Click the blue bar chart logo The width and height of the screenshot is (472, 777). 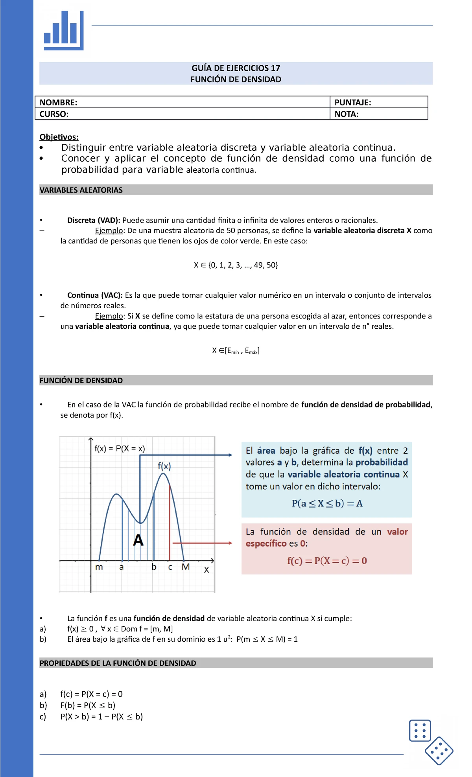point(64,31)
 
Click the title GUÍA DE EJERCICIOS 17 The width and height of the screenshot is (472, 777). point(236,68)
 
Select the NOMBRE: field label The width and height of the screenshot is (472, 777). point(58,103)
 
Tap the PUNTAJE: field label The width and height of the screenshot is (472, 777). point(352,103)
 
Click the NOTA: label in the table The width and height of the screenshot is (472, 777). point(346,114)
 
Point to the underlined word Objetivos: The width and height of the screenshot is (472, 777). point(59,137)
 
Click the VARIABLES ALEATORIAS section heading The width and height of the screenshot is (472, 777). point(81,190)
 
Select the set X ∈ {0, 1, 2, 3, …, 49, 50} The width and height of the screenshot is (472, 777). point(236,265)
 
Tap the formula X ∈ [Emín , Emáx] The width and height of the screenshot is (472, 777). point(236,351)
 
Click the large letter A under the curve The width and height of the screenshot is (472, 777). point(138,540)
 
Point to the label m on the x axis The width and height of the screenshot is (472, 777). point(99,567)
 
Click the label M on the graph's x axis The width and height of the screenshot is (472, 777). point(186,567)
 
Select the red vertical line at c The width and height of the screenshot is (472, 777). point(170,523)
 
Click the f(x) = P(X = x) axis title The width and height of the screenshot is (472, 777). point(120,448)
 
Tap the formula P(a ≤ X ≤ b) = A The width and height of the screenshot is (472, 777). point(327,503)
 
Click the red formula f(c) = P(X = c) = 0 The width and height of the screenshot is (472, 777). point(327,561)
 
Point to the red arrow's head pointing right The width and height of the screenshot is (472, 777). point(230,543)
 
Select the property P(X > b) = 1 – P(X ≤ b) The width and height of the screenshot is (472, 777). point(101,716)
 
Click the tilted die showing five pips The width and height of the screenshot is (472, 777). point(439,751)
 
